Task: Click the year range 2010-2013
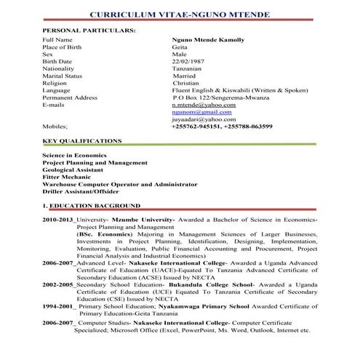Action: [58, 219]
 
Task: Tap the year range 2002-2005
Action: [58, 284]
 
